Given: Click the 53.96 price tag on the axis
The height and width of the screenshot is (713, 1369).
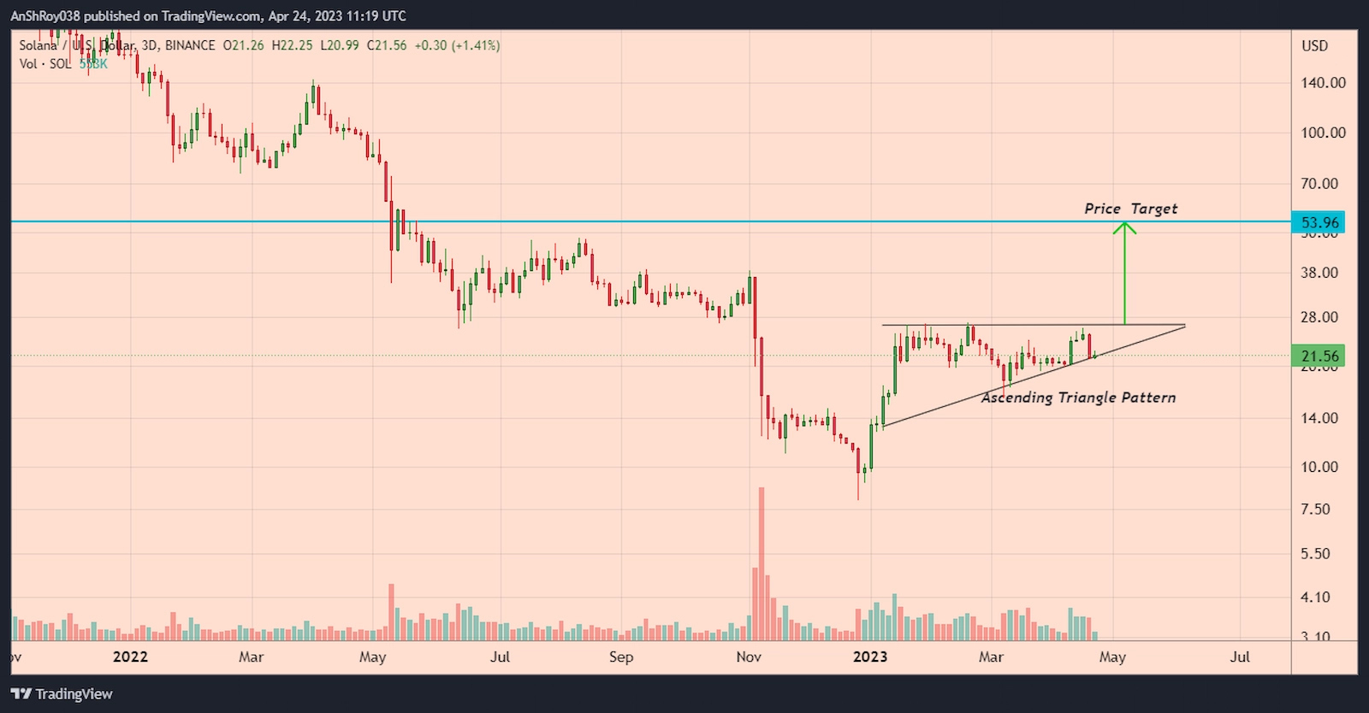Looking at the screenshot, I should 1319,222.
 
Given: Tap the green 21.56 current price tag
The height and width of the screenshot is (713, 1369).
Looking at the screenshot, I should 1319,356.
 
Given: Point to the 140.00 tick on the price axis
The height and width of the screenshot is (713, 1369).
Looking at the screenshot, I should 1323,83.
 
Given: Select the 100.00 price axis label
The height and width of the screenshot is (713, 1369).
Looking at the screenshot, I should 1323,133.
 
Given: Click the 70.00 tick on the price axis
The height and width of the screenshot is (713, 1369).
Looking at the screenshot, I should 1319,184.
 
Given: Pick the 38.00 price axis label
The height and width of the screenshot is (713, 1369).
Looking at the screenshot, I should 1319,273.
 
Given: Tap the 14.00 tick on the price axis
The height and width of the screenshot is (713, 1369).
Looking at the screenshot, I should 1319,418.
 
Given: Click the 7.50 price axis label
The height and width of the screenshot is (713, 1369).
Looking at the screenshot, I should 1316,510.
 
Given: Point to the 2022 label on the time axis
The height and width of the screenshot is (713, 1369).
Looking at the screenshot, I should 130,657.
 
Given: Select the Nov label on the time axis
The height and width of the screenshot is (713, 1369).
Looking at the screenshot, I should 749,657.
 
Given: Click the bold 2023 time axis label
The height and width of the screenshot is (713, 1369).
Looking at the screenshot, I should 870,657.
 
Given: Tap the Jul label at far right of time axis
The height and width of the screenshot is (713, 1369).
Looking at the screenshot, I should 1240,657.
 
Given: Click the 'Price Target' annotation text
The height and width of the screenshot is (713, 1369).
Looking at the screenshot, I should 1130,209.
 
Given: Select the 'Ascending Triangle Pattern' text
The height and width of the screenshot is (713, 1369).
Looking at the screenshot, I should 1078,398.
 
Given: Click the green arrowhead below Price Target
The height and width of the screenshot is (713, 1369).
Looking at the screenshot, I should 1124,227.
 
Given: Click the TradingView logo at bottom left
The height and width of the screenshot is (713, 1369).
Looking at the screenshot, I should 62,693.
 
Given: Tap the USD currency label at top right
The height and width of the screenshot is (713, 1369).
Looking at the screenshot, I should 1314,45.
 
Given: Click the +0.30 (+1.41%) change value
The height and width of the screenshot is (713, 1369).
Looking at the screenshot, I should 457,45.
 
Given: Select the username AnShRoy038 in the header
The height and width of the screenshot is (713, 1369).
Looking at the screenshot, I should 44,15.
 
